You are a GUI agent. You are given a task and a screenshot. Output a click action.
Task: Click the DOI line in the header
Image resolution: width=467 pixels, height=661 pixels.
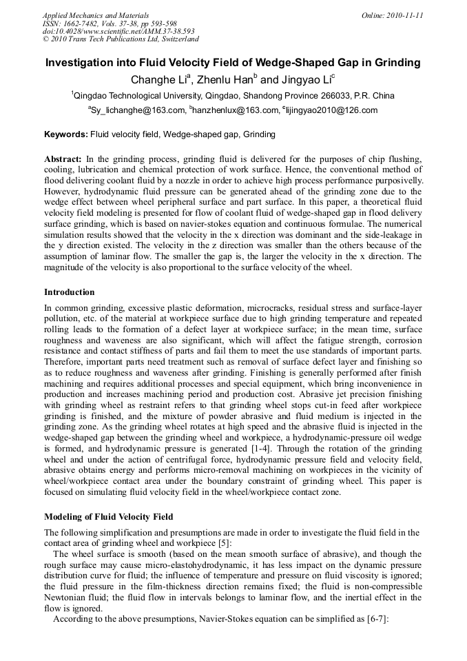pyautogui.click(x=118, y=31)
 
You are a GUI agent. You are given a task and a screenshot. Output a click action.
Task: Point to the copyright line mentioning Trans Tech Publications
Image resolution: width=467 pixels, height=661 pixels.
pyautogui.click(x=121, y=39)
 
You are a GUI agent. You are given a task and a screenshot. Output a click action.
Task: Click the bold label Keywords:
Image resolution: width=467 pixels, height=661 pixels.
pyautogui.click(x=66, y=134)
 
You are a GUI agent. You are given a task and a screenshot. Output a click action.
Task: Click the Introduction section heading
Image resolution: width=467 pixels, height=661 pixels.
pyautogui.click(x=70, y=292)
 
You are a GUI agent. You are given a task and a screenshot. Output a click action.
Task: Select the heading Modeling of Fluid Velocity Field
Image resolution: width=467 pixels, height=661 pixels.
pyautogui.click(x=109, y=516)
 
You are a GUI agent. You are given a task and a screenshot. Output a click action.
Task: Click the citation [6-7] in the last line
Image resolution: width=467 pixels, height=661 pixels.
pyautogui.click(x=374, y=619)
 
